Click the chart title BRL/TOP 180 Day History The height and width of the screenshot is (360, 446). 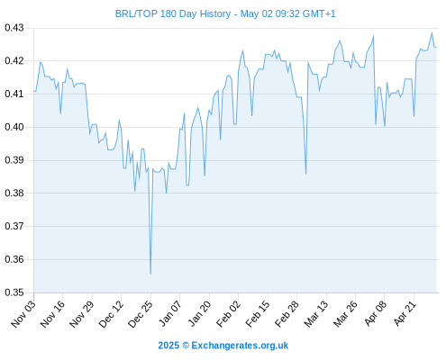(173, 13)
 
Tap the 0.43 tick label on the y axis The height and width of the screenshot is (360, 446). (14, 28)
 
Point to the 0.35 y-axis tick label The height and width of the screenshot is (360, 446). (14, 292)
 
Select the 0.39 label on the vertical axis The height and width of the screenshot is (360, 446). (14, 160)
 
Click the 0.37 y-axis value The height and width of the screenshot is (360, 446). (14, 226)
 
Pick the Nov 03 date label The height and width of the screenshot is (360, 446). (23, 314)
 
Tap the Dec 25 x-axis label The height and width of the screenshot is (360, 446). (141, 314)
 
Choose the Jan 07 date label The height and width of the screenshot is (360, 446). (170, 314)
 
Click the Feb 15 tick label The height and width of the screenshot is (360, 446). (258, 314)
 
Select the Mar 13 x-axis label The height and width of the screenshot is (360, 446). (316, 314)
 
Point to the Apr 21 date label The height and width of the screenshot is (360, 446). (405, 313)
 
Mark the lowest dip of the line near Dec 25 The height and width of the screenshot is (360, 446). (150, 274)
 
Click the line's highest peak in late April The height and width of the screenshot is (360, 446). (432, 32)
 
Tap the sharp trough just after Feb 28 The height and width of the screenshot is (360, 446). (305, 174)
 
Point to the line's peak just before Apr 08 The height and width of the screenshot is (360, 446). (373, 36)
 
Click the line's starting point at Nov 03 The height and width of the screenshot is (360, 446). (34, 91)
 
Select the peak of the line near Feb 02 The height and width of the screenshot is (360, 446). (242, 50)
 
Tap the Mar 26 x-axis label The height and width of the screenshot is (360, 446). (345, 314)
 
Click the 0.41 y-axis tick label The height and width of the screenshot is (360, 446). (14, 94)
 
